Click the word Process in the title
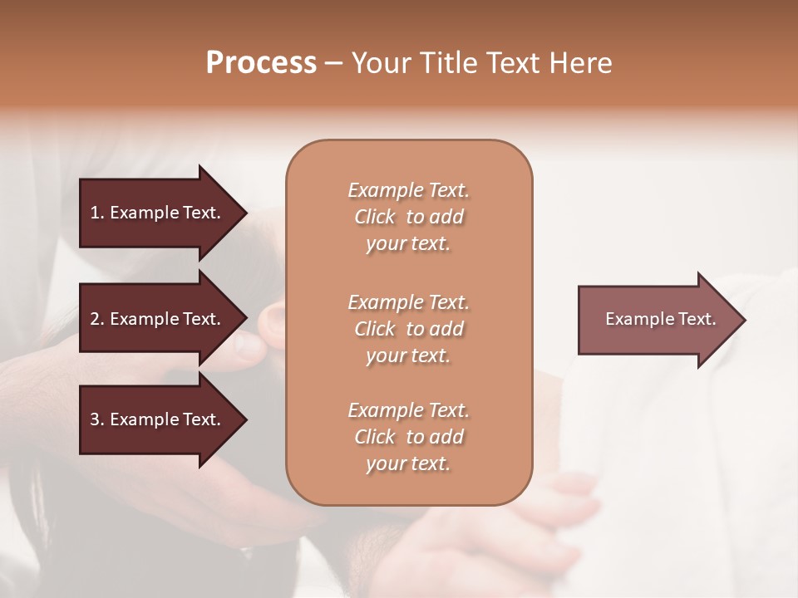pyautogui.click(x=261, y=63)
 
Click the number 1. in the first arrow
pyautogui.click(x=97, y=213)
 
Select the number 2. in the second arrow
pyautogui.click(x=97, y=319)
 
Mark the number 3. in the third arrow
pyautogui.click(x=97, y=419)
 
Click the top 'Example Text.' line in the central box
pyautogui.click(x=408, y=190)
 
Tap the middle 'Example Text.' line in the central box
pyautogui.click(x=408, y=302)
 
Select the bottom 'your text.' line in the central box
pyautogui.click(x=408, y=463)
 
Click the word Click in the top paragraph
pyautogui.click(x=375, y=217)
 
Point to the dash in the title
pyautogui.click(x=334, y=64)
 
